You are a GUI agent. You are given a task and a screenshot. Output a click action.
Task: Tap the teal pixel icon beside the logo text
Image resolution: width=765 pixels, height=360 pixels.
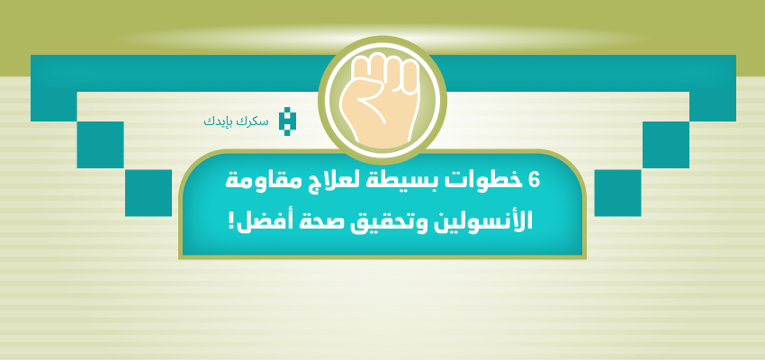[x=284, y=121]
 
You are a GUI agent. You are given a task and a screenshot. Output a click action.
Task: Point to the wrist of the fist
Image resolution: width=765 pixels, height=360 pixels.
[x=382, y=138]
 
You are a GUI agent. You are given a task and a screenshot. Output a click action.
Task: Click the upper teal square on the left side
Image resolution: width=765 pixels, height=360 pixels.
[x=100, y=145]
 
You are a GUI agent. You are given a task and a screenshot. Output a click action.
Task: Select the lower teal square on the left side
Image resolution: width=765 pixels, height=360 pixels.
[x=148, y=193]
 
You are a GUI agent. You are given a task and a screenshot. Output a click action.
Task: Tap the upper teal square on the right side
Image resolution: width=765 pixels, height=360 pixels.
[x=666, y=145]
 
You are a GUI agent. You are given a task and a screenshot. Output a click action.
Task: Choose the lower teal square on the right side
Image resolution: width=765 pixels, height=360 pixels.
[x=617, y=193]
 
